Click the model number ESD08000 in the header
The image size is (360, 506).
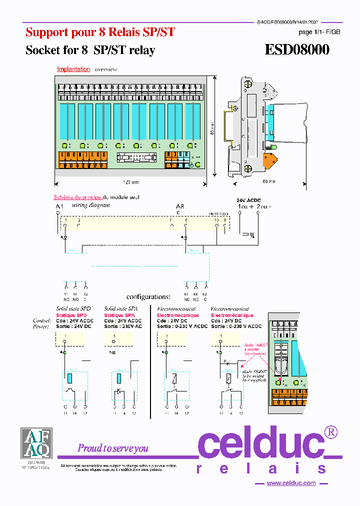click(x=296, y=50)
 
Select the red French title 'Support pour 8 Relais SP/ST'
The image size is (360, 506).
click(x=100, y=32)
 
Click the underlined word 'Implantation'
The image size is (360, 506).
click(x=73, y=69)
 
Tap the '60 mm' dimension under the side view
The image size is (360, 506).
click(x=268, y=182)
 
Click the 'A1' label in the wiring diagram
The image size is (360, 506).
click(x=59, y=206)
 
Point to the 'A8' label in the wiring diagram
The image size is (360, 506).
click(x=179, y=206)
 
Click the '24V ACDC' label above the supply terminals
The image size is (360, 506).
click(x=248, y=200)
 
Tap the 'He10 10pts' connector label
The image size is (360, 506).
click(x=218, y=213)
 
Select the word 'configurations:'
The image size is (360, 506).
click(x=148, y=297)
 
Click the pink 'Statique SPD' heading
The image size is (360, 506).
click(x=71, y=315)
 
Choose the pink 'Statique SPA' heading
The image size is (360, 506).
click(x=119, y=315)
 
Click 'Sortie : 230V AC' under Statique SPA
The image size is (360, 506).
click(x=123, y=326)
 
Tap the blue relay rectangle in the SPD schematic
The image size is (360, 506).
click(x=69, y=377)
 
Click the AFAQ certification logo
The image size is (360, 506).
click(x=35, y=443)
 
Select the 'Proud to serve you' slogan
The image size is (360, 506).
click(x=112, y=448)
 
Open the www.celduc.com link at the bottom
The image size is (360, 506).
click(x=291, y=483)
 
